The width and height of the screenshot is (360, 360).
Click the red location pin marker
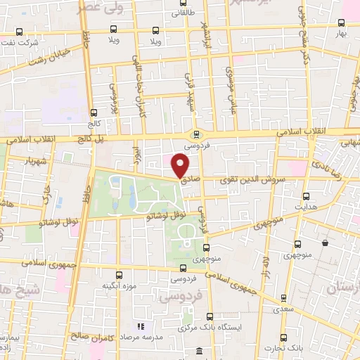[181, 166]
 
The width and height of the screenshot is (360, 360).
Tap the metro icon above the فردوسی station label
[196, 134]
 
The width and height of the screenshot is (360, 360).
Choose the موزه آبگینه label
[119, 286]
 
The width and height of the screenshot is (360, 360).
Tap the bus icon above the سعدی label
[283, 297]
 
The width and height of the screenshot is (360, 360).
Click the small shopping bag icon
[325, 243]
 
